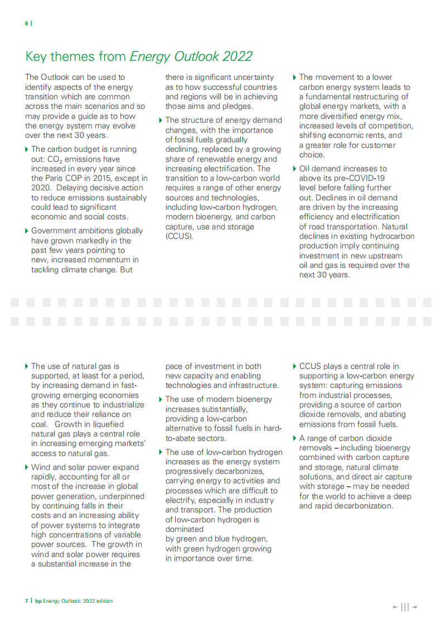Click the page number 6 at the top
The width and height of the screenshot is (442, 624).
(26, 23)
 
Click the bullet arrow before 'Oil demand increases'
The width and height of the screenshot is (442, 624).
(295, 169)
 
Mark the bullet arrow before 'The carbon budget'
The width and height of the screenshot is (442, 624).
(27, 150)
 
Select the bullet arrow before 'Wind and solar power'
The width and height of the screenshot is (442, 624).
(27, 467)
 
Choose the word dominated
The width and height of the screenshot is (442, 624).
(184, 529)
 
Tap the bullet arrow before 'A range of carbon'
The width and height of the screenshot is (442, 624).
(295, 438)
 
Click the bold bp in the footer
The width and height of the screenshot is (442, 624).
(38, 601)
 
